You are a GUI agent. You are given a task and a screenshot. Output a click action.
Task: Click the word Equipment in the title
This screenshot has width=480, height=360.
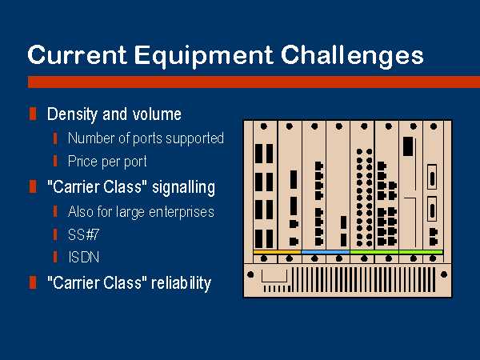click(203, 56)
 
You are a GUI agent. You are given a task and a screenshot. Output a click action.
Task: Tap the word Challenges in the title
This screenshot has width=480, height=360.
click(352, 55)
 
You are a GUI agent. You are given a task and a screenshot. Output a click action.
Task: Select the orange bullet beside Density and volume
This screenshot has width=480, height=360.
click(33, 114)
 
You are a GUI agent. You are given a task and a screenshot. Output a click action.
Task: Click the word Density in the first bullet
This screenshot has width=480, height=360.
click(72, 114)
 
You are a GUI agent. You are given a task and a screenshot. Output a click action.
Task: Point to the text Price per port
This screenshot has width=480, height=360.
click(107, 162)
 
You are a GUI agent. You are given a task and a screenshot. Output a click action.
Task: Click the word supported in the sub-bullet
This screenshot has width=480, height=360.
click(194, 138)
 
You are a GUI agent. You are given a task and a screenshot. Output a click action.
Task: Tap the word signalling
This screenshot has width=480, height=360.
click(183, 188)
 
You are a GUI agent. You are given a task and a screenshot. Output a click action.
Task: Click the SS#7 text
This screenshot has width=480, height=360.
click(83, 234)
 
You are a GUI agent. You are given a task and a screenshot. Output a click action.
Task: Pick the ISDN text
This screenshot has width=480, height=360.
click(83, 257)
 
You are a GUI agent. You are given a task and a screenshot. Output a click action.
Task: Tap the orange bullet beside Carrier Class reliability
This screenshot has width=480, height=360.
click(33, 282)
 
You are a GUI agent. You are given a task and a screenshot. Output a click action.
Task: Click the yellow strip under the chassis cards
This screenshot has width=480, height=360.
click(277, 252)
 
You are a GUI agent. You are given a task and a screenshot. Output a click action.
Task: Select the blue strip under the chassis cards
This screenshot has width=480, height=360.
click(326, 252)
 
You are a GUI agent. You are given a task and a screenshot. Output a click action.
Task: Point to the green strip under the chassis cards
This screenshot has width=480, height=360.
click(397, 252)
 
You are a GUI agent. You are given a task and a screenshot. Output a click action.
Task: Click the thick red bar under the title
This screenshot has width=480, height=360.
click(254, 82)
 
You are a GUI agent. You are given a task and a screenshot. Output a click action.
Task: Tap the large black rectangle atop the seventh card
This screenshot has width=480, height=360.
click(408, 146)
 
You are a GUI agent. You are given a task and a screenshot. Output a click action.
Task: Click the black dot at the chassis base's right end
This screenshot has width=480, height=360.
click(443, 274)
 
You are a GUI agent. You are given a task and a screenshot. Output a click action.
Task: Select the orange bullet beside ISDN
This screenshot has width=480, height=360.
click(55, 257)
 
